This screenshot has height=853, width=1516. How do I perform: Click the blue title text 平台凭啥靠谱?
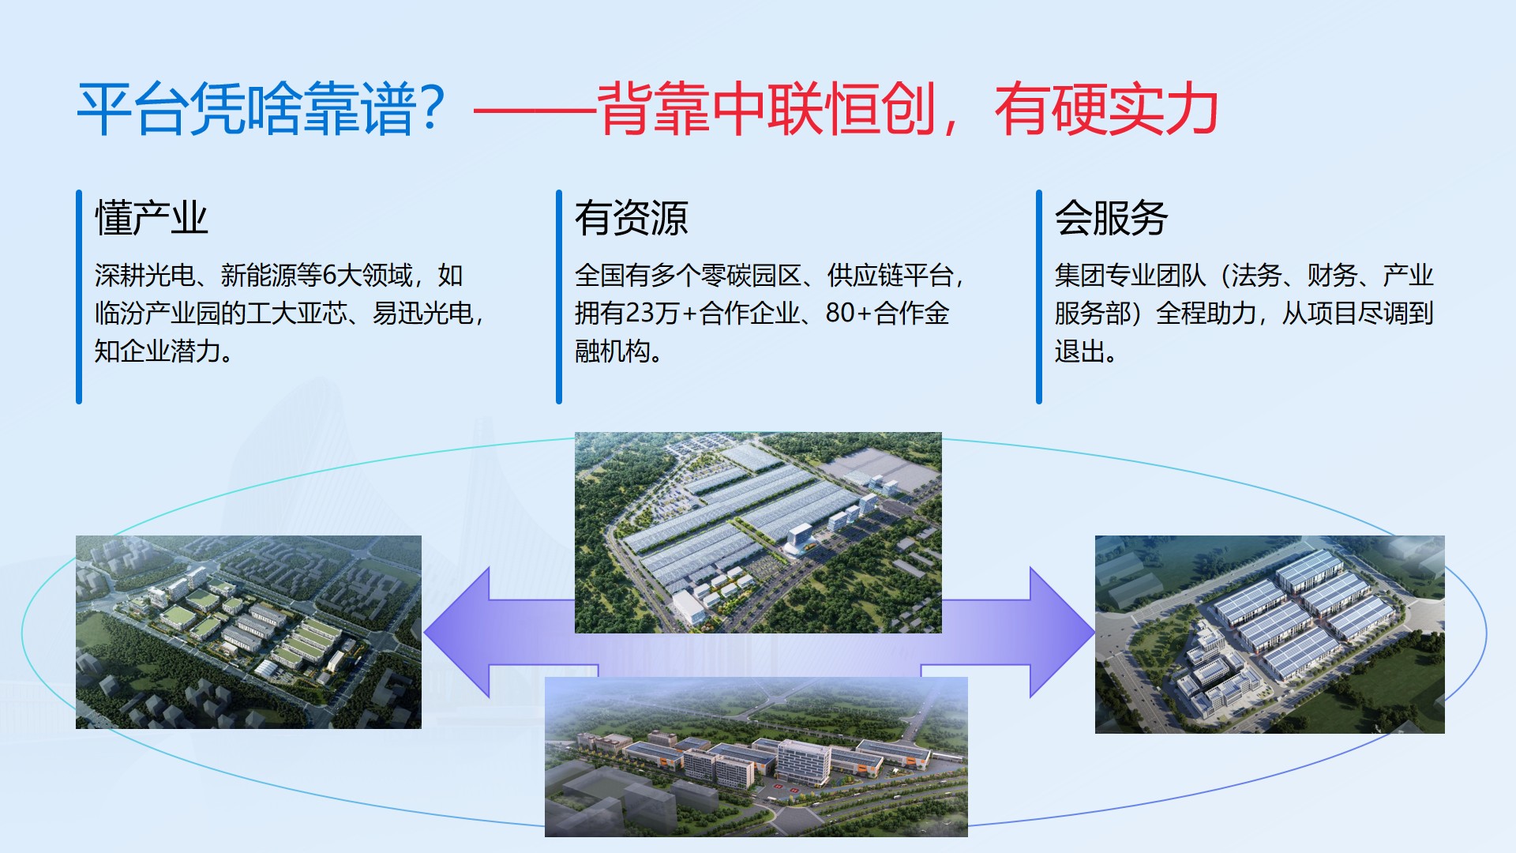[261, 109]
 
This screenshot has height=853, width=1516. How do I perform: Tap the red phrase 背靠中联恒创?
[766, 109]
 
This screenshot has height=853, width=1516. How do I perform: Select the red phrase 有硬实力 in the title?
[1106, 109]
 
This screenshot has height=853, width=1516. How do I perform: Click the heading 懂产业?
[152, 218]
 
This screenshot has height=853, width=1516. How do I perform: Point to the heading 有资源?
[632, 218]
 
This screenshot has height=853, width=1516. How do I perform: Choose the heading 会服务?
[1112, 218]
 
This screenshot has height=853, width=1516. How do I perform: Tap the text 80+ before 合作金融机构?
[849, 314]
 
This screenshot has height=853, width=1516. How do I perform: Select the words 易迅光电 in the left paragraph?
[422, 314]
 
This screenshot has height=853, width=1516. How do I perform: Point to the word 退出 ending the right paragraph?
[1079, 351]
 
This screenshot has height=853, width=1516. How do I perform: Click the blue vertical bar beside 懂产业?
[79, 297]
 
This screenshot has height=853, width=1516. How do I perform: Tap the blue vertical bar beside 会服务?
[1039, 297]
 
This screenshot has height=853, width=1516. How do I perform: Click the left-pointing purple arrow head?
[458, 632]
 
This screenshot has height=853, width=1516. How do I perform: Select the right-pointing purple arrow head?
[1062, 632]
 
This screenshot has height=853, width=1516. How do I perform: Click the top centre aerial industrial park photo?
[758, 532]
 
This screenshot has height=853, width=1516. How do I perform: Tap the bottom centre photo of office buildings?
[756, 757]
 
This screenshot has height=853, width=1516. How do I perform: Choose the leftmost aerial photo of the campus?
[249, 632]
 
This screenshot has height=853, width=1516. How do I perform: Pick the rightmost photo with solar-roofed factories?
[1270, 634]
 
